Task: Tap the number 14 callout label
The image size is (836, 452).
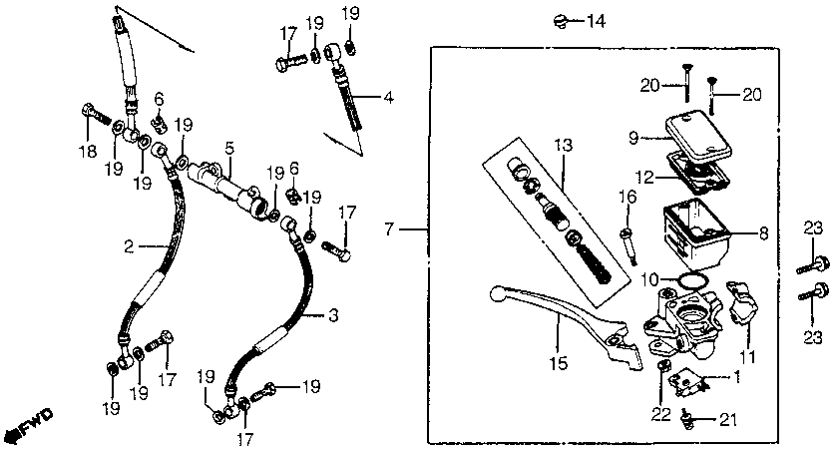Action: click(596, 21)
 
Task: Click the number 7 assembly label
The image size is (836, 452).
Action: click(390, 230)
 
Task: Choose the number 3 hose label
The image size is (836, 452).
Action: click(332, 315)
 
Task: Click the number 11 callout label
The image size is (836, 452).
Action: click(748, 356)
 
